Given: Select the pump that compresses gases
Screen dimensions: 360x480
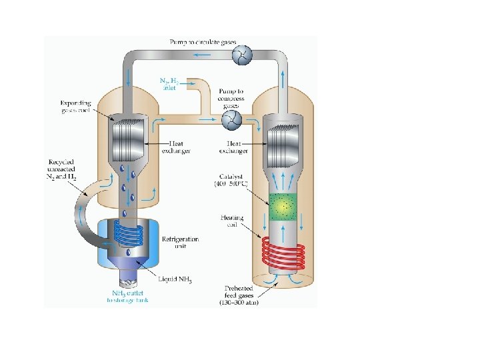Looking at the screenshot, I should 231,119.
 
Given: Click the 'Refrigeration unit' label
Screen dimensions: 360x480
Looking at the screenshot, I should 181,243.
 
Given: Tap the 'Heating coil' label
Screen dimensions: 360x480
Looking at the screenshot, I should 233,221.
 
